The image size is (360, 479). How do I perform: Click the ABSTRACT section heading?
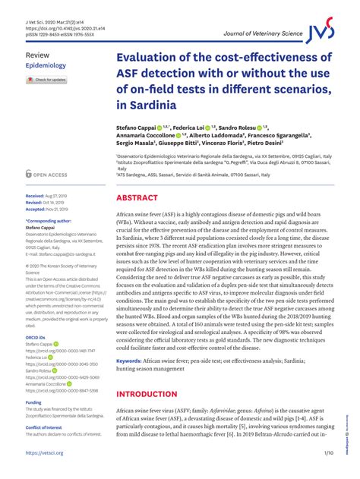click(137, 197)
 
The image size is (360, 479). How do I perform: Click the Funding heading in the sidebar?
click(33, 402)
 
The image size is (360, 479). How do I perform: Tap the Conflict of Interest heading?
click(46, 427)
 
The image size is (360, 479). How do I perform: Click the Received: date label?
click(36, 195)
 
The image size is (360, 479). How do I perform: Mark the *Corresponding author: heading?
click(49, 220)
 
